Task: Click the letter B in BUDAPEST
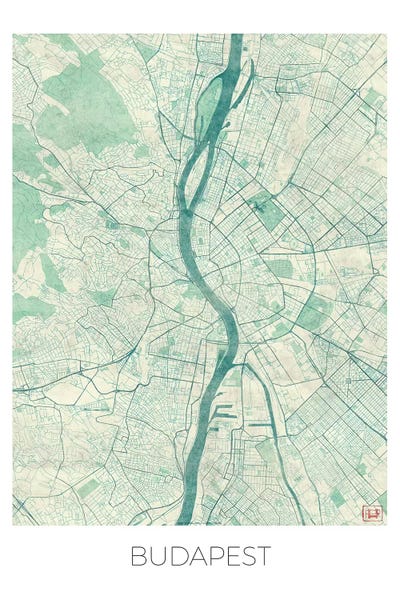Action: [137, 556]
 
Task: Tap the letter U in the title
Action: [155, 556]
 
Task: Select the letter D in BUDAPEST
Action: [174, 556]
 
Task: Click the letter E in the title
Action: [228, 556]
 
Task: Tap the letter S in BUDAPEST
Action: [245, 556]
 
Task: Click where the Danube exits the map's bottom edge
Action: [186, 521]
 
